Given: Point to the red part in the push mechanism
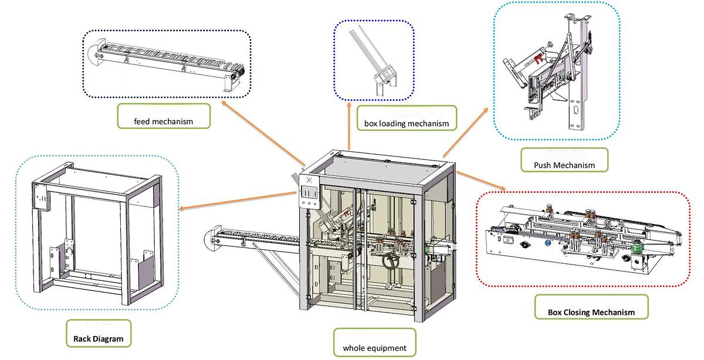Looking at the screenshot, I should click(x=537, y=57).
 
